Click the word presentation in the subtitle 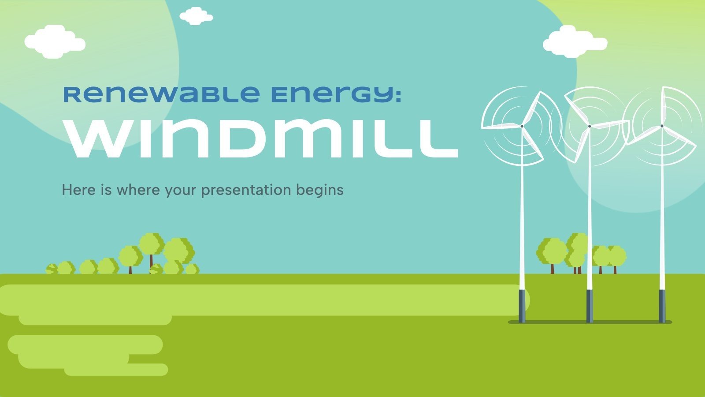pyautogui.click(x=246, y=190)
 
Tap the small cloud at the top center pyautogui.click(x=196, y=16)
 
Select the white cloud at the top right pyautogui.click(x=574, y=42)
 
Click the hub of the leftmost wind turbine pyautogui.click(x=522, y=126)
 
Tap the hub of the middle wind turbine pyautogui.click(x=590, y=126)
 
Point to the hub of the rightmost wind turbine pyautogui.click(x=662, y=126)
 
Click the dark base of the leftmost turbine pyautogui.click(x=522, y=305)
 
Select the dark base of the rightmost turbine pyautogui.click(x=662, y=305)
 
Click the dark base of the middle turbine pyautogui.click(x=590, y=305)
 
